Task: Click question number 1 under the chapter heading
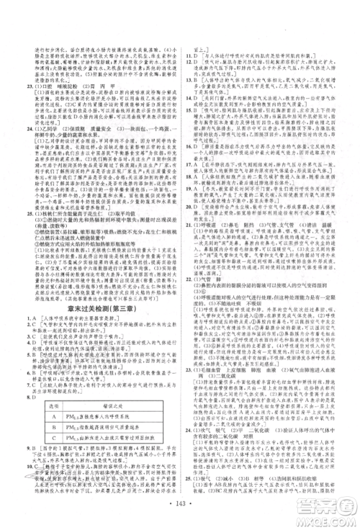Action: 27,318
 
